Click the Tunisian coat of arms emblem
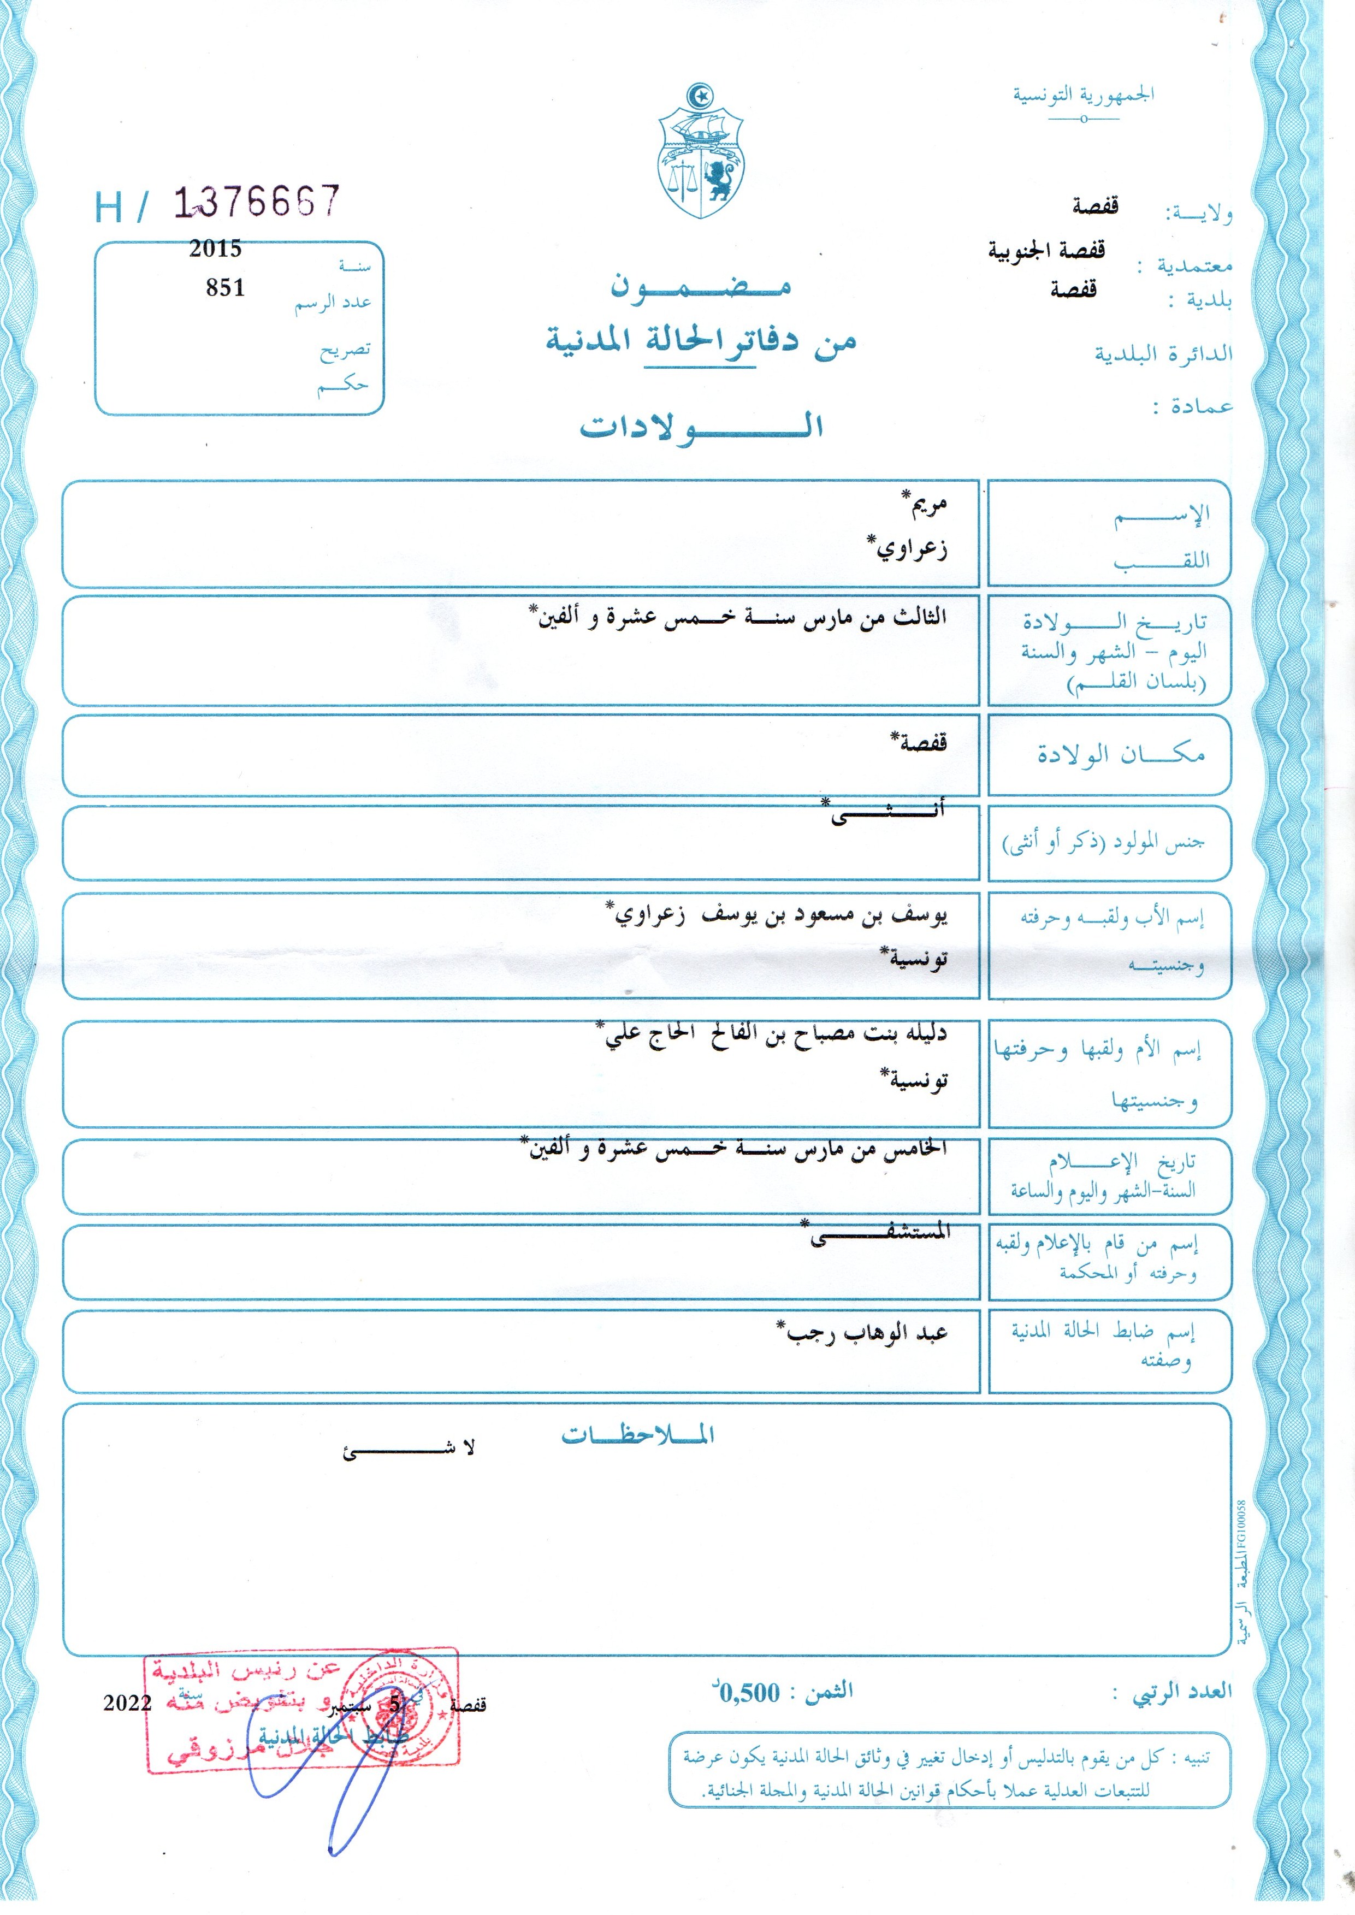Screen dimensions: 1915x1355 click(701, 153)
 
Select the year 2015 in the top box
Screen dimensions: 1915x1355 click(215, 249)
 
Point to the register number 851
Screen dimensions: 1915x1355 click(225, 288)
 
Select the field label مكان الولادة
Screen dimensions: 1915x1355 click(1121, 754)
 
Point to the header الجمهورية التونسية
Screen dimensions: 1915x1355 click(1083, 95)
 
